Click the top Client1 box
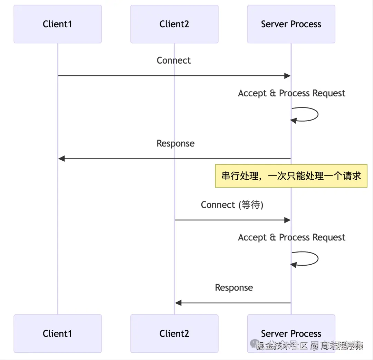pos(57,24)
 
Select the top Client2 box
pos(174,24)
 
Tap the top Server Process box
pos(291,24)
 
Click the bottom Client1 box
pos(57,333)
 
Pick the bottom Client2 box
pos(174,333)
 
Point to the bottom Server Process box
pos(291,333)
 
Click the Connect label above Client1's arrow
pos(174,60)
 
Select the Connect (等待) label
pos(232,205)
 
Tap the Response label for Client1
pos(175,143)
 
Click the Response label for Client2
pos(234,288)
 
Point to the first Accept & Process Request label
pos(291,93)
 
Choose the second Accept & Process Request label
pos(291,238)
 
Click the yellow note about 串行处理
pos(291,176)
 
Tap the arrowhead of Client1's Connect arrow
pos(287,76)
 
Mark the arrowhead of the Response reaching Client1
pos(61,159)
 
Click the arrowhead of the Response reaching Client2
pos(178,303)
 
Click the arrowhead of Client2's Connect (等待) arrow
pos(287,220)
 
